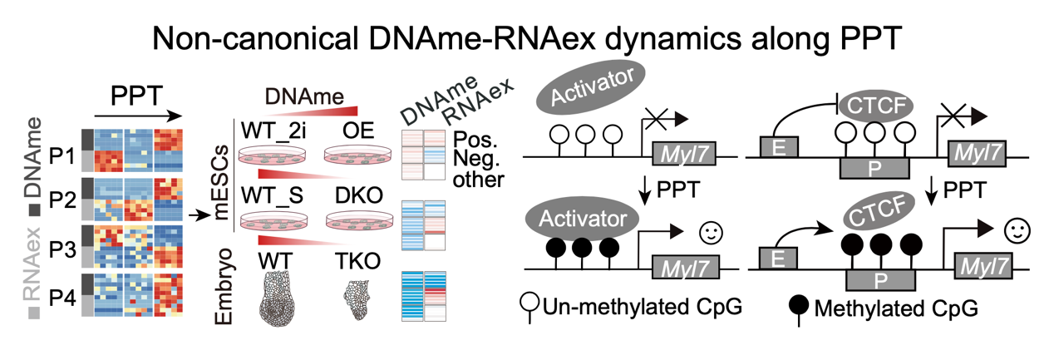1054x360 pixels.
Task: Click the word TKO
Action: (359, 262)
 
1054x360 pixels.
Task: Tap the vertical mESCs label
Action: (222, 185)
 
